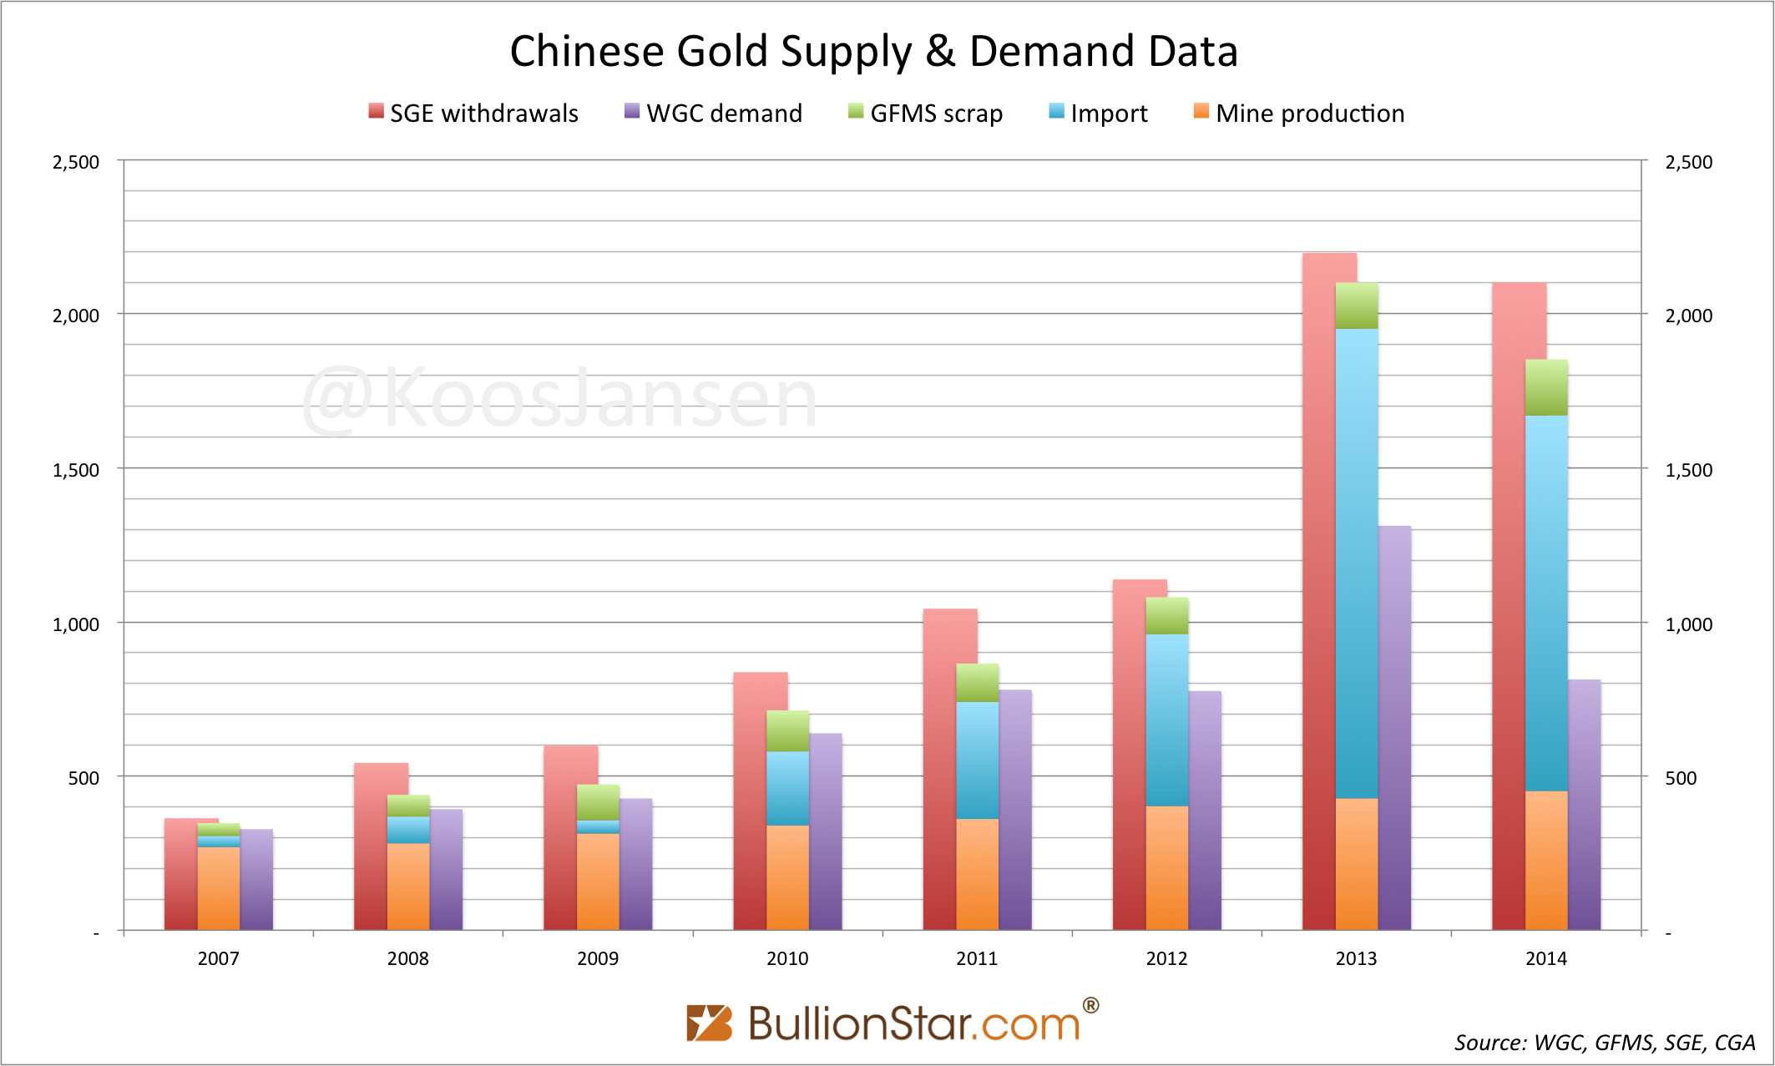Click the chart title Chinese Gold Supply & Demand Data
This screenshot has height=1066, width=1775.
click(873, 51)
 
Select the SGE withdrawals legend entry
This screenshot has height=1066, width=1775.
click(473, 113)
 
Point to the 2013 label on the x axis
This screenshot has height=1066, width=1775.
click(1356, 958)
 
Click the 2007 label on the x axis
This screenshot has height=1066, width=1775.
click(218, 958)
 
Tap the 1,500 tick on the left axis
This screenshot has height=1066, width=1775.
click(76, 470)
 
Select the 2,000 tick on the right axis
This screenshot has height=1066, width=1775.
click(1688, 316)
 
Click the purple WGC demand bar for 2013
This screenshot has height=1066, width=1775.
click(1394, 726)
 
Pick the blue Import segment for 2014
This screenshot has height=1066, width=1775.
click(1546, 601)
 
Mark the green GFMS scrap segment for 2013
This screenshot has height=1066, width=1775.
click(1357, 306)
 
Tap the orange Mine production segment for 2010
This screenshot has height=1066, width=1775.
click(787, 877)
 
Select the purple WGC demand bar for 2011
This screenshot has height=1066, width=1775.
click(1015, 810)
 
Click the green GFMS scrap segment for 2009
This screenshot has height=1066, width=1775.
click(598, 802)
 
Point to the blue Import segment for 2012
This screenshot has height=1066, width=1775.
click(1166, 720)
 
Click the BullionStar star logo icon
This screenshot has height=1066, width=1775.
click(709, 1023)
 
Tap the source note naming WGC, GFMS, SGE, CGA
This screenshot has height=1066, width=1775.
click(1605, 1043)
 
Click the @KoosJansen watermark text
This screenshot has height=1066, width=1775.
click(559, 399)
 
